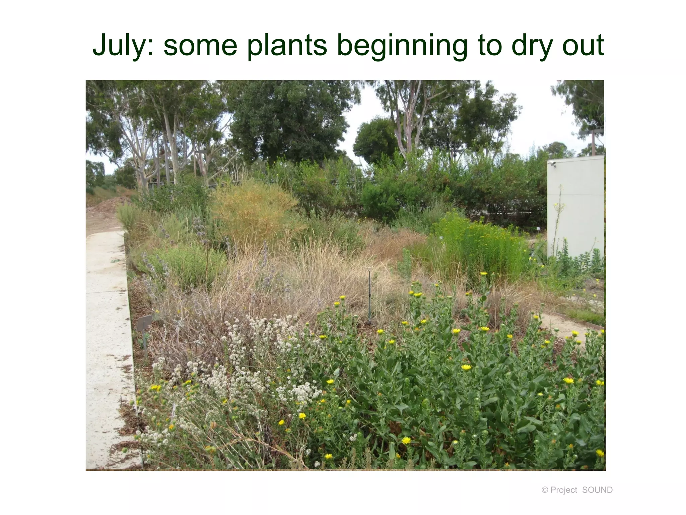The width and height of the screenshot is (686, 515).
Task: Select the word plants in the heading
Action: point(287,46)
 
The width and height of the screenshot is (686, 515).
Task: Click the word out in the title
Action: point(583,46)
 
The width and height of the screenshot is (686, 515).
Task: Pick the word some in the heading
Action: point(200,46)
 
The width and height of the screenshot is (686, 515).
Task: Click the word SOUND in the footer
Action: point(597,490)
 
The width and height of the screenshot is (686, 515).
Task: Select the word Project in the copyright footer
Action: point(563,490)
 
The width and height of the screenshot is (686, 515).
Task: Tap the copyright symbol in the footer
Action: point(545,490)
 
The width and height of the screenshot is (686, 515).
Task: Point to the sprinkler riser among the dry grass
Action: point(369,295)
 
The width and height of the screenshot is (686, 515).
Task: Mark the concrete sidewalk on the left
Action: point(107,335)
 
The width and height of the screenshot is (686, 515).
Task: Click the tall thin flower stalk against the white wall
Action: point(558,218)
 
